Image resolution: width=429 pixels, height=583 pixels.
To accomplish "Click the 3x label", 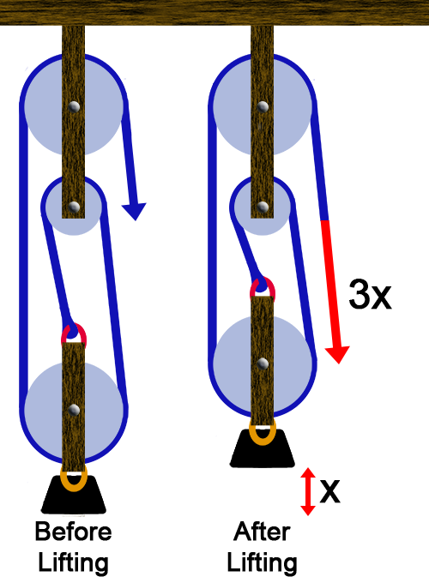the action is click(x=370, y=294).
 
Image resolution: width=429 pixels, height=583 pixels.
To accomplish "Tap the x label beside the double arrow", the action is click(x=329, y=491).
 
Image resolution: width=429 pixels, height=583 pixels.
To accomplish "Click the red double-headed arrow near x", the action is click(x=308, y=491).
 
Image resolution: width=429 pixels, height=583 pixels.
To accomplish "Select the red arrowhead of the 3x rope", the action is click(x=337, y=355).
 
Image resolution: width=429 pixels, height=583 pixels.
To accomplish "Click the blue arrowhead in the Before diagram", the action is click(x=134, y=211).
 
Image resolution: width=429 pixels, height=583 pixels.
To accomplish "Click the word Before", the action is click(x=73, y=532).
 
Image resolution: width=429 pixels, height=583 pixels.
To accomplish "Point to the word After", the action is click(x=262, y=532).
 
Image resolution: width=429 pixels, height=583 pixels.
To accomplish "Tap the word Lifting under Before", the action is click(x=73, y=563).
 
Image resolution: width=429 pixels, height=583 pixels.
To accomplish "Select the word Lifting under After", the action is click(x=262, y=563).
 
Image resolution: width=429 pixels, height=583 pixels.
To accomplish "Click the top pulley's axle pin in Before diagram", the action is click(x=74, y=106).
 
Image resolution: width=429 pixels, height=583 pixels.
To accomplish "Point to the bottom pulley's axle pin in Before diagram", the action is click(x=74, y=410).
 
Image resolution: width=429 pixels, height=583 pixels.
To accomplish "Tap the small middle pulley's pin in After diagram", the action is click(x=263, y=207).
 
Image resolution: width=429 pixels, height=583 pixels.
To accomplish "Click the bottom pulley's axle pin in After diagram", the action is click(x=263, y=364).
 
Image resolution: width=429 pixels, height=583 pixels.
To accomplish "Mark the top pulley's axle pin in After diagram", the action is click(x=263, y=106).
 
